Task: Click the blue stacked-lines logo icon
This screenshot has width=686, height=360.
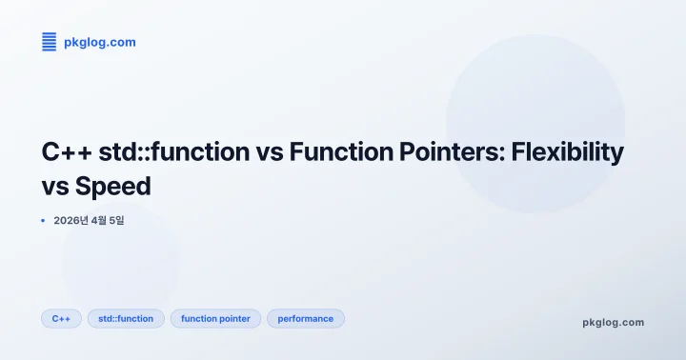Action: pyautogui.click(x=50, y=41)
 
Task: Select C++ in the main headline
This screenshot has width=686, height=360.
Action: pyautogui.click(x=66, y=151)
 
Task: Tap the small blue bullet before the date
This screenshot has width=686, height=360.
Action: pyautogui.click(x=44, y=221)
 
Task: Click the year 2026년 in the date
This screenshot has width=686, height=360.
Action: pyautogui.click(x=71, y=221)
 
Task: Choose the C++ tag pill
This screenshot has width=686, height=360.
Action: pyautogui.click(x=61, y=318)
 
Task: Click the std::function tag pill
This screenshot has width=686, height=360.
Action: pyautogui.click(x=126, y=318)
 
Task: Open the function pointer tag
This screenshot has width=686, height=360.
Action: pyautogui.click(x=215, y=318)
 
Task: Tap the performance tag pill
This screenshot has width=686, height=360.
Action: pyautogui.click(x=305, y=318)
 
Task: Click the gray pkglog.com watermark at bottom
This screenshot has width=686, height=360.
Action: pyautogui.click(x=613, y=322)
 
